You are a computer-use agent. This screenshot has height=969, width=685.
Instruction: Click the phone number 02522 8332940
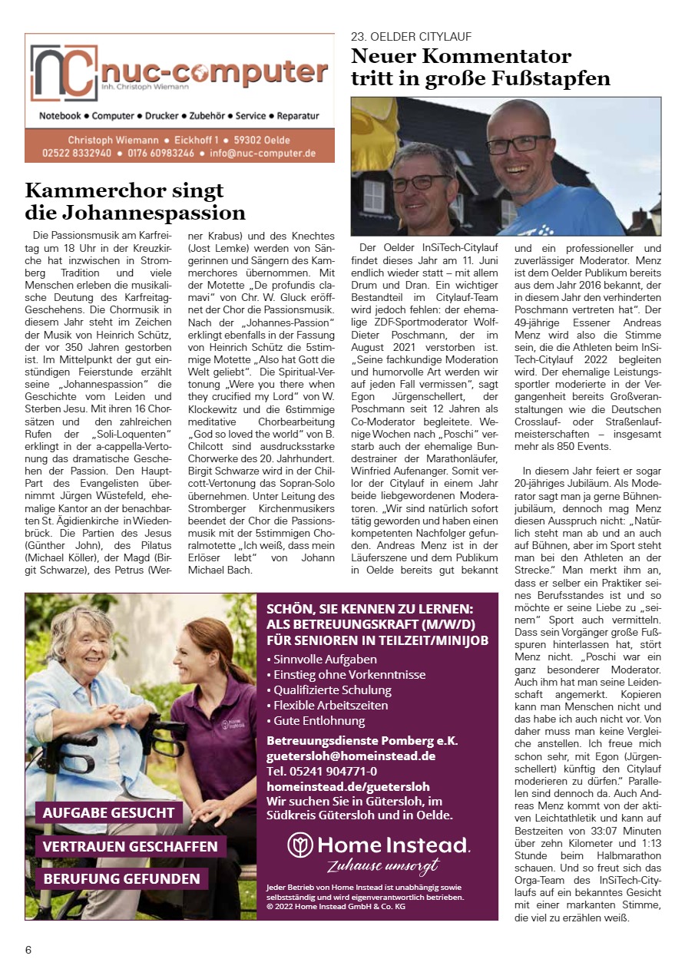tap(77, 153)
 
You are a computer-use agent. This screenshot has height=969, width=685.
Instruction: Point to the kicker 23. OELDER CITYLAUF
tap(411, 37)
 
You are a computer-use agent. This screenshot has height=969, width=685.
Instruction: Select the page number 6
tap(28, 949)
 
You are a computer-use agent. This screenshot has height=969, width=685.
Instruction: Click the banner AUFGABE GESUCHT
tap(109, 812)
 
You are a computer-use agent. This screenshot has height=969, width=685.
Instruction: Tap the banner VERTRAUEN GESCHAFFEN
tap(131, 846)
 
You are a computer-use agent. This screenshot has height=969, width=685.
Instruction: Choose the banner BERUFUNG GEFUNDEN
tap(121, 878)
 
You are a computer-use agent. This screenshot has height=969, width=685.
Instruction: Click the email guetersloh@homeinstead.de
tap(351, 756)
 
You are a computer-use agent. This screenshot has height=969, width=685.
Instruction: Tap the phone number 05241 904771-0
tap(322, 771)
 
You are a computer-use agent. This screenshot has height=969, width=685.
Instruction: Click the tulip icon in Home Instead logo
tap(299, 845)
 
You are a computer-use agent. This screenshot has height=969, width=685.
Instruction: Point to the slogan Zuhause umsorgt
tap(382, 867)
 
